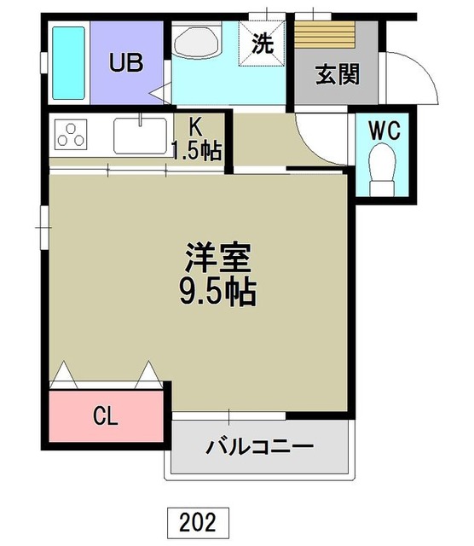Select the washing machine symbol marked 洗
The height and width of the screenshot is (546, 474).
[x=267, y=43]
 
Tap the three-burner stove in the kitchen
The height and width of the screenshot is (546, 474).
[x=72, y=135]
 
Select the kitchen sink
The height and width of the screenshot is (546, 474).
[x=141, y=135]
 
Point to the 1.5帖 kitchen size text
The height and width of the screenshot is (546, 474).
[x=196, y=151]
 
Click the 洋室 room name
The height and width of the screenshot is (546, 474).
[x=218, y=256]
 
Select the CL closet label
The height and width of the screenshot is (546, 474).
[x=105, y=417]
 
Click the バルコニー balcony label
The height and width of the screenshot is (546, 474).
[x=259, y=446]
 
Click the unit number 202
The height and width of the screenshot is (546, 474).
[x=198, y=520]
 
